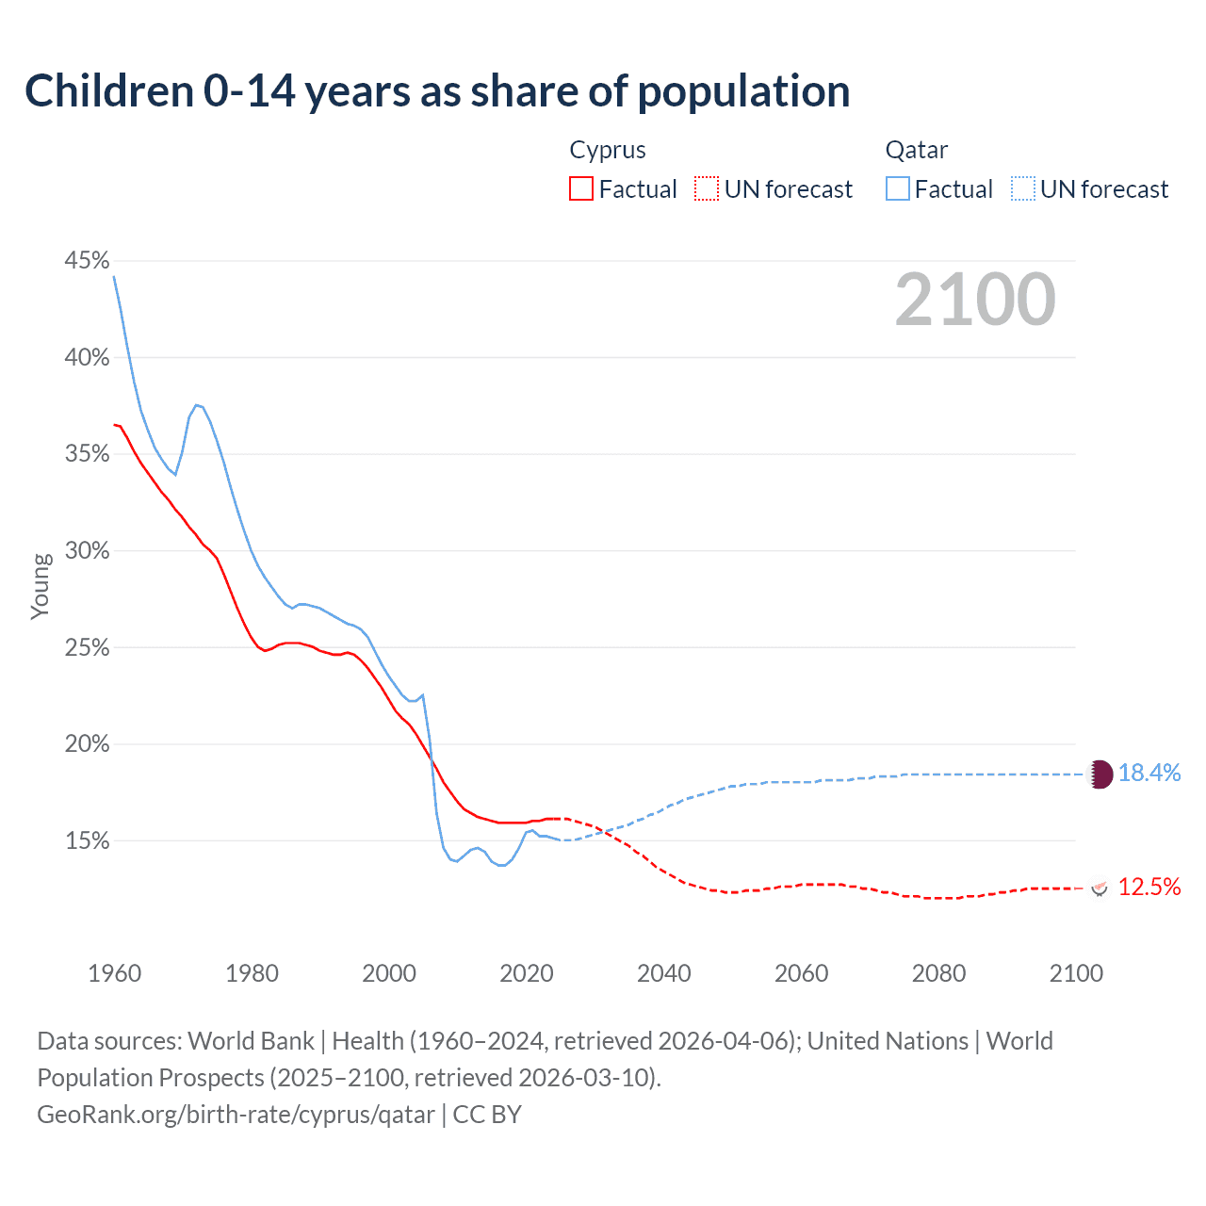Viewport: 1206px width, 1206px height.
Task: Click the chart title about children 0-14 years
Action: click(x=437, y=91)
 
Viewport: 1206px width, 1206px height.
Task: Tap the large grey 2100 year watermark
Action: click(x=975, y=300)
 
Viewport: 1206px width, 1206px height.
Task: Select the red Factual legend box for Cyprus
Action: click(x=581, y=189)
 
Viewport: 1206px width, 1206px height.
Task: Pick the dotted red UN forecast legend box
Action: click(x=707, y=189)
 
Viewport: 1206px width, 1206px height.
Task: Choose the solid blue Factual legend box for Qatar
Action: click(x=898, y=189)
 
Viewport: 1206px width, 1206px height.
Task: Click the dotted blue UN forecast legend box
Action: click(x=1023, y=189)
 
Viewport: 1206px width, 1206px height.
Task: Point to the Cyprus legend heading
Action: click(x=608, y=150)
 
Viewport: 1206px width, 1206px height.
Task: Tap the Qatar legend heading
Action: click(x=916, y=150)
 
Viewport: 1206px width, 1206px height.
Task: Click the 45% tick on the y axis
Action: click(x=87, y=261)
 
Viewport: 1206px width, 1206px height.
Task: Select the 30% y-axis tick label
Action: click(x=87, y=551)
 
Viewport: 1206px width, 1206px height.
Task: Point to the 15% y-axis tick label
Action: click(x=87, y=841)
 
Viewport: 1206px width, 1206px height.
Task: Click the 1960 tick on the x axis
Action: click(x=114, y=973)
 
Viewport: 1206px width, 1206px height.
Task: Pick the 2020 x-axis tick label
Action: click(x=526, y=973)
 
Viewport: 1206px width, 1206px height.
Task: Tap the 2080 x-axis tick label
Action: click(x=938, y=973)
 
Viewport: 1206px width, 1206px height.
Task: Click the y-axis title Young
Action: click(x=40, y=586)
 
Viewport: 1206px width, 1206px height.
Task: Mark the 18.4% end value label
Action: click(x=1149, y=774)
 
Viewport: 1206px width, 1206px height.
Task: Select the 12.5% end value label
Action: click(x=1149, y=887)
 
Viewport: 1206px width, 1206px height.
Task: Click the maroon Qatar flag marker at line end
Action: click(x=1100, y=774)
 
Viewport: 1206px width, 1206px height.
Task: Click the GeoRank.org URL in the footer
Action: click(x=236, y=1115)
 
